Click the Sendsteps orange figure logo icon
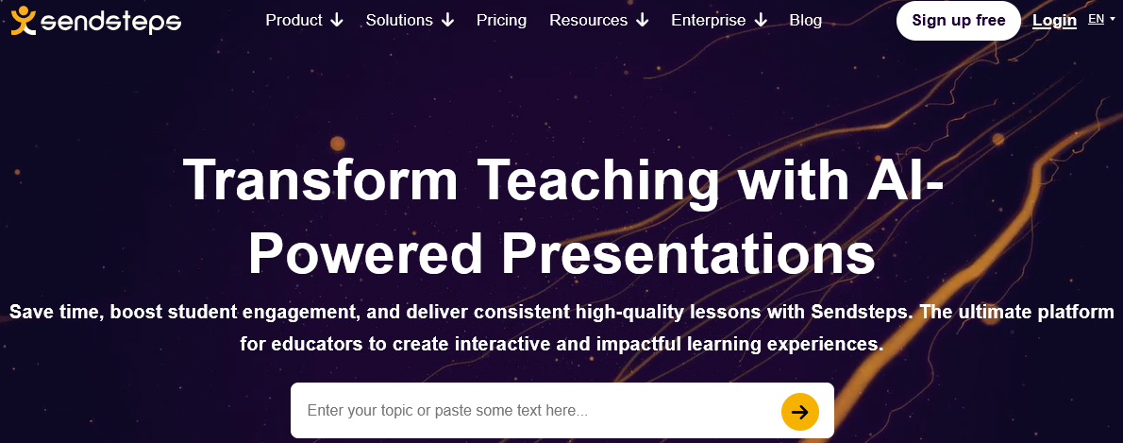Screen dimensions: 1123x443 (23, 21)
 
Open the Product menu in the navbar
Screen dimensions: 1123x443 (305, 20)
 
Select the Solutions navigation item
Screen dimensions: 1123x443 (410, 20)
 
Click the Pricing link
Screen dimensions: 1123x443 (501, 21)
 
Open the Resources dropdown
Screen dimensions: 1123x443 (598, 20)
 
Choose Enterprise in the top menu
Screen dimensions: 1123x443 (719, 20)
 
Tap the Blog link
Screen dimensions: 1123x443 (806, 20)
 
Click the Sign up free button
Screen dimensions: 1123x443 (958, 21)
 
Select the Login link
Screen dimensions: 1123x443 (1054, 21)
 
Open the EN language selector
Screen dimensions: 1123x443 (1101, 19)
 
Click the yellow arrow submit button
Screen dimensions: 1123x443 (800, 412)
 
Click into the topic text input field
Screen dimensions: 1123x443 (533, 411)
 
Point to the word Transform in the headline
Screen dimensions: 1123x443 (320, 179)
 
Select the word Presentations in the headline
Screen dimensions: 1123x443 (688, 253)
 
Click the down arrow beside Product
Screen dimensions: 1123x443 (337, 21)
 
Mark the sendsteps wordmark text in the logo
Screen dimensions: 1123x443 (111, 23)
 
